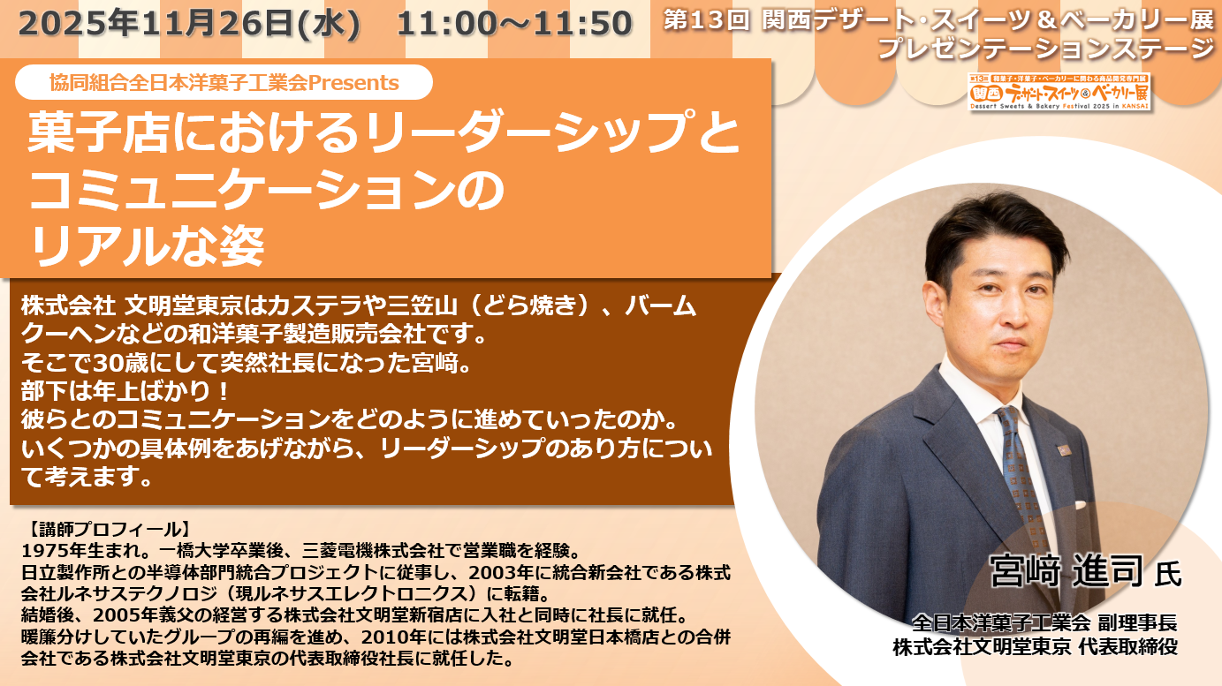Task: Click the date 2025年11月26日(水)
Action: click(189, 23)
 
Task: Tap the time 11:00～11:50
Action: click(514, 24)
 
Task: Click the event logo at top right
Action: click(1059, 92)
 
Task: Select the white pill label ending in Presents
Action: click(224, 82)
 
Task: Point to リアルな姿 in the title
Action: click(147, 246)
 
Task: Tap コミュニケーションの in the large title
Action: click(266, 189)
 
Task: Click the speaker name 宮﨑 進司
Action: click(1066, 570)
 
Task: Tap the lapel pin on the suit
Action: click(1062, 450)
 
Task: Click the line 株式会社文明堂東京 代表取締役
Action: click(1035, 647)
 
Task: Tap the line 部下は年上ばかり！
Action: click(125, 391)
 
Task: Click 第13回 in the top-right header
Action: click(707, 20)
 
